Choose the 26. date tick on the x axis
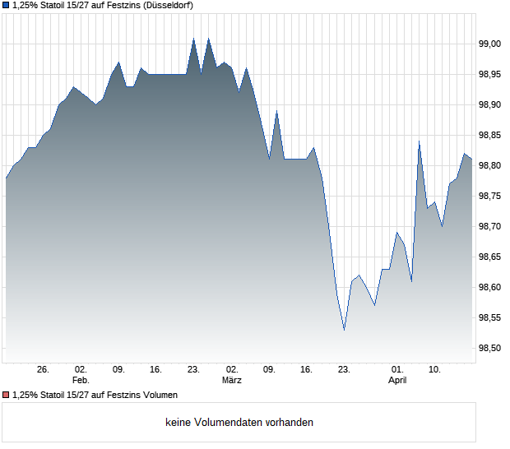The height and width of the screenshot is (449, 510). (x=44, y=370)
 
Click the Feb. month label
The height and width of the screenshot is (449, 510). (x=80, y=381)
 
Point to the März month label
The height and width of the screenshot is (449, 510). (x=232, y=381)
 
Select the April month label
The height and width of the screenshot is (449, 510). (x=397, y=381)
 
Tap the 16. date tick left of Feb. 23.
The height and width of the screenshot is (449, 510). (x=155, y=370)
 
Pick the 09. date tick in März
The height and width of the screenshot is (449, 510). (x=269, y=370)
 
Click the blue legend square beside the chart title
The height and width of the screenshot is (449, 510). (x=6, y=6)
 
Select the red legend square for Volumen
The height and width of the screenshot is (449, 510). (x=6, y=396)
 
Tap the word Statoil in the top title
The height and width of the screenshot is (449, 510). (x=53, y=6)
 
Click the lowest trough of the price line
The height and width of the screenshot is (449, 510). (x=344, y=331)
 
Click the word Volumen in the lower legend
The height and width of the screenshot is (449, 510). (x=158, y=396)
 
